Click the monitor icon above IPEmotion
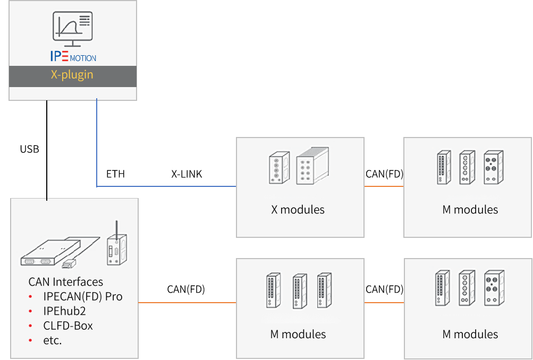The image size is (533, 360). click(x=72, y=29)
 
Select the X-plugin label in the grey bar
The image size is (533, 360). click(x=72, y=75)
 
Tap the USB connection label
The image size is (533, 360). click(x=30, y=149)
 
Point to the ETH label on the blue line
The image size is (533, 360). click(x=115, y=174)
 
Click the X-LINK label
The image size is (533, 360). click(x=187, y=174)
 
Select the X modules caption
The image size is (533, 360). click(x=298, y=210)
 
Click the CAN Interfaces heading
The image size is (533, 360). click(x=65, y=282)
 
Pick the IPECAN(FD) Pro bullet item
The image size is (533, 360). click(x=82, y=296)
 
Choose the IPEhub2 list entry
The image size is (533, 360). click(x=64, y=311)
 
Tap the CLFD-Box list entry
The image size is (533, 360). click(x=68, y=325)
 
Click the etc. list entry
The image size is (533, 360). click(x=53, y=340)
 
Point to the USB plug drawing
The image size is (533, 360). click(x=69, y=264)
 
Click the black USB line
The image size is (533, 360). click(x=47, y=150)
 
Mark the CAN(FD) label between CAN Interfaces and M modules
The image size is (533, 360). click(x=186, y=289)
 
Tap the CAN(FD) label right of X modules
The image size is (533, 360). click(x=384, y=174)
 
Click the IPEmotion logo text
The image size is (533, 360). click(x=73, y=56)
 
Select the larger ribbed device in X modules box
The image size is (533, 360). click(x=312, y=166)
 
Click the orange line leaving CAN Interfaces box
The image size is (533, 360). click(x=187, y=303)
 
